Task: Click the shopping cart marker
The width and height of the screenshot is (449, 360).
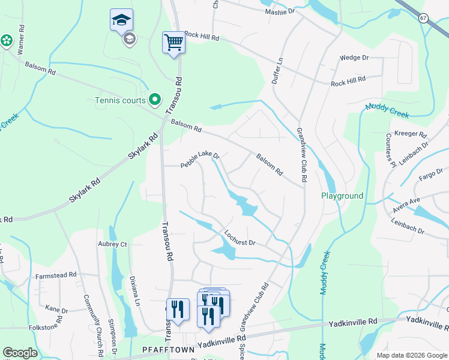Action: click(173, 43)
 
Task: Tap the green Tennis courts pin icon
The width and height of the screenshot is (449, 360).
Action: click(155, 100)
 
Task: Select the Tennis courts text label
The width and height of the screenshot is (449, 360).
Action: click(120, 100)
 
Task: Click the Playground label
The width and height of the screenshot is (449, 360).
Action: click(342, 196)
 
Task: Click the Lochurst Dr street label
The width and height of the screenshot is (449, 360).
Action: click(240, 238)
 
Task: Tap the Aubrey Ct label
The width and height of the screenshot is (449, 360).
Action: click(112, 245)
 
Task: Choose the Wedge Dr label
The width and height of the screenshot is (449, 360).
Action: click(354, 58)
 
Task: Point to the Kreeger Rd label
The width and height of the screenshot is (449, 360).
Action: click(410, 134)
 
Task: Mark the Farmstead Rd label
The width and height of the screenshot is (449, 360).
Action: click(56, 275)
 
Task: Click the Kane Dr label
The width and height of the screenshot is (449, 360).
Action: click(56, 310)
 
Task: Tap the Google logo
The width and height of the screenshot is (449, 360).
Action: click(20, 353)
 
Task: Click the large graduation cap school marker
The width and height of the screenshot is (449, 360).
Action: click(121, 20)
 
